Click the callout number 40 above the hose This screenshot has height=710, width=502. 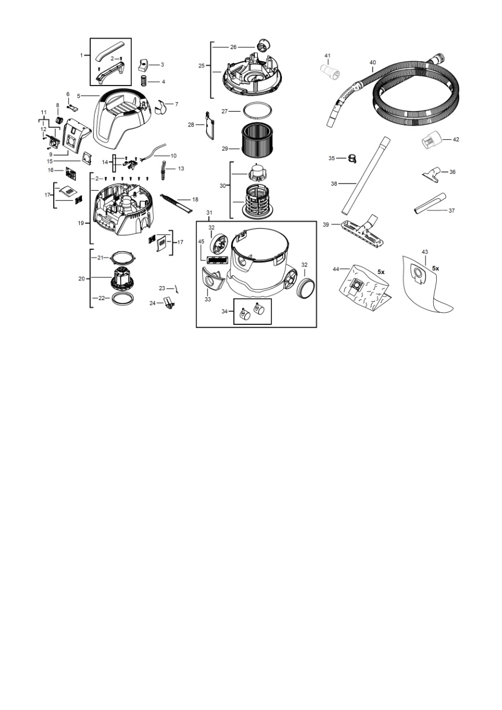tap(373, 62)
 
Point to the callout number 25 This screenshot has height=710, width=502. tap(202, 66)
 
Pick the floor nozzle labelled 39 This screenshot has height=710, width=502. tap(363, 231)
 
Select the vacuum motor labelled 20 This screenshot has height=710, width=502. tap(121, 279)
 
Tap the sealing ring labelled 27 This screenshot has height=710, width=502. tap(257, 110)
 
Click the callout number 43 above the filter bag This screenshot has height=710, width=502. tap(425, 252)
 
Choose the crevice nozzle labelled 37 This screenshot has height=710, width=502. tap(430, 204)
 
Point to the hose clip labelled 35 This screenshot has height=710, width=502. tap(352, 158)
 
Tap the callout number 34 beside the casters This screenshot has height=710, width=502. tap(224, 312)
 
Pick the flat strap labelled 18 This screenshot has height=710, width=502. tap(177, 203)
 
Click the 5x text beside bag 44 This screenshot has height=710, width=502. tap(381, 272)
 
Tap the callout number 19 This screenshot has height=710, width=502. tap(81, 223)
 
